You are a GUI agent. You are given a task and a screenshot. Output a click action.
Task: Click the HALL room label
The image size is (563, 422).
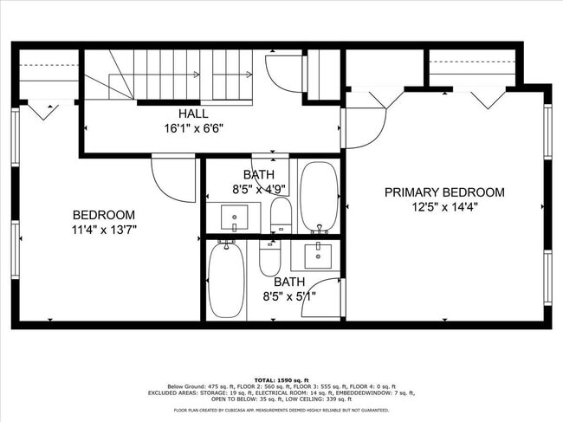coord(192,114)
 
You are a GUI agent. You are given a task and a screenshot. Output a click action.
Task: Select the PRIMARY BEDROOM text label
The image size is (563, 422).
coord(443,192)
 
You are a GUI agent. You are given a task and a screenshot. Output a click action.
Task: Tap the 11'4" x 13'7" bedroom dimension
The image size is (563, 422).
coord(104,230)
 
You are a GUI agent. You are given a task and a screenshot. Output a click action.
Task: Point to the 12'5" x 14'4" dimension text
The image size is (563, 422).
coord(443,207)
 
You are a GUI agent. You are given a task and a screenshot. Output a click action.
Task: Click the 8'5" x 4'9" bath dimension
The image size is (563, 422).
coord(258,189)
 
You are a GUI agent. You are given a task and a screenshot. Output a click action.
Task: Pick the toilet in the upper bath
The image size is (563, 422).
coord(281,216)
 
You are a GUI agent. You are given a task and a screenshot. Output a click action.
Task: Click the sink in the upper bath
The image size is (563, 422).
coord(235,217)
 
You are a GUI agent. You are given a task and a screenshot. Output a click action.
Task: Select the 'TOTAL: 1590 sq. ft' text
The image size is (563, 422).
coord(281,380)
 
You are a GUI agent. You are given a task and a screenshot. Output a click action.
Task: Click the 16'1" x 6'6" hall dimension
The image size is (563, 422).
coord(192,127)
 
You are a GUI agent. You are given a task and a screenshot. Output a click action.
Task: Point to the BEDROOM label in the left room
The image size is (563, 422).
coord(104,215)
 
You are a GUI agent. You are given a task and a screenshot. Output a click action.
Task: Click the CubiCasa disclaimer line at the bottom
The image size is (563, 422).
coord(281,410)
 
